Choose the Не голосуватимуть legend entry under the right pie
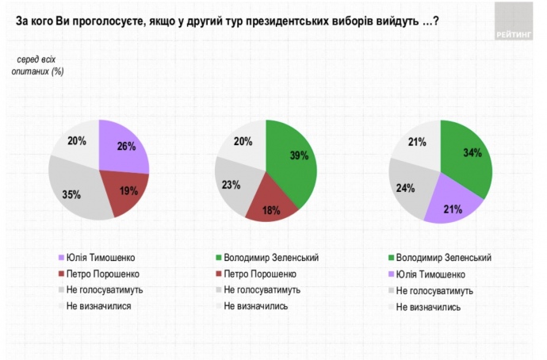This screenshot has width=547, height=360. pyautogui.click(x=434, y=291)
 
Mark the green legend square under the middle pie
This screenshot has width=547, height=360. pyautogui.click(x=216, y=259)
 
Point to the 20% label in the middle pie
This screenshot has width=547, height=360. pyautogui.click(x=243, y=142)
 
